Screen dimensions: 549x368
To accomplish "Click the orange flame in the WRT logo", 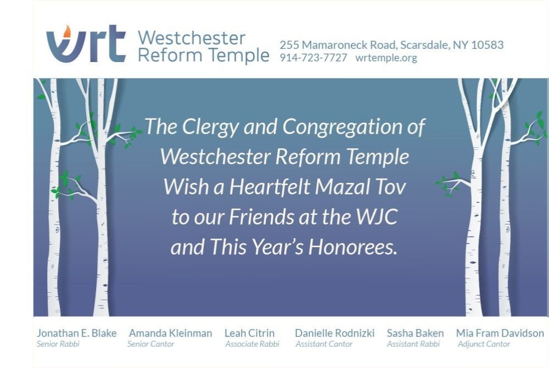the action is click(x=66, y=31).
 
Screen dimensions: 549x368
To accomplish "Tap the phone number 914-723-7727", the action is click(x=313, y=58).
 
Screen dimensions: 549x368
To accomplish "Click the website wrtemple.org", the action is click(x=386, y=58).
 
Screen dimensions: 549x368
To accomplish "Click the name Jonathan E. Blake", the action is click(x=77, y=333).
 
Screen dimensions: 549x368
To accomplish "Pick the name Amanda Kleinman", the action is click(x=171, y=333).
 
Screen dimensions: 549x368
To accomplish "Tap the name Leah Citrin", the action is click(x=249, y=333).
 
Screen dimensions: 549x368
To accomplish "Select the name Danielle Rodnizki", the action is click(x=335, y=333).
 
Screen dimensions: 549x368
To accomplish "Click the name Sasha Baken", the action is click(x=415, y=333).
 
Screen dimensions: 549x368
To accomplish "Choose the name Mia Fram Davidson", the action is click(x=500, y=333).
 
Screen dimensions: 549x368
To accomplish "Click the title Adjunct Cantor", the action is click(x=484, y=344).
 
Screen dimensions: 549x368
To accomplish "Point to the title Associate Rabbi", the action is click(x=252, y=344).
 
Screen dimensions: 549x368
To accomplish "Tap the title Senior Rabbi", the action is click(x=58, y=344).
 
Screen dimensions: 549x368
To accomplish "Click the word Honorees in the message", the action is click(x=353, y=247).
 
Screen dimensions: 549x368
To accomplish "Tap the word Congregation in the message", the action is click(x=343, y=127).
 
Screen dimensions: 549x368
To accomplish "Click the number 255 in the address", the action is click(x=289, y=45).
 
